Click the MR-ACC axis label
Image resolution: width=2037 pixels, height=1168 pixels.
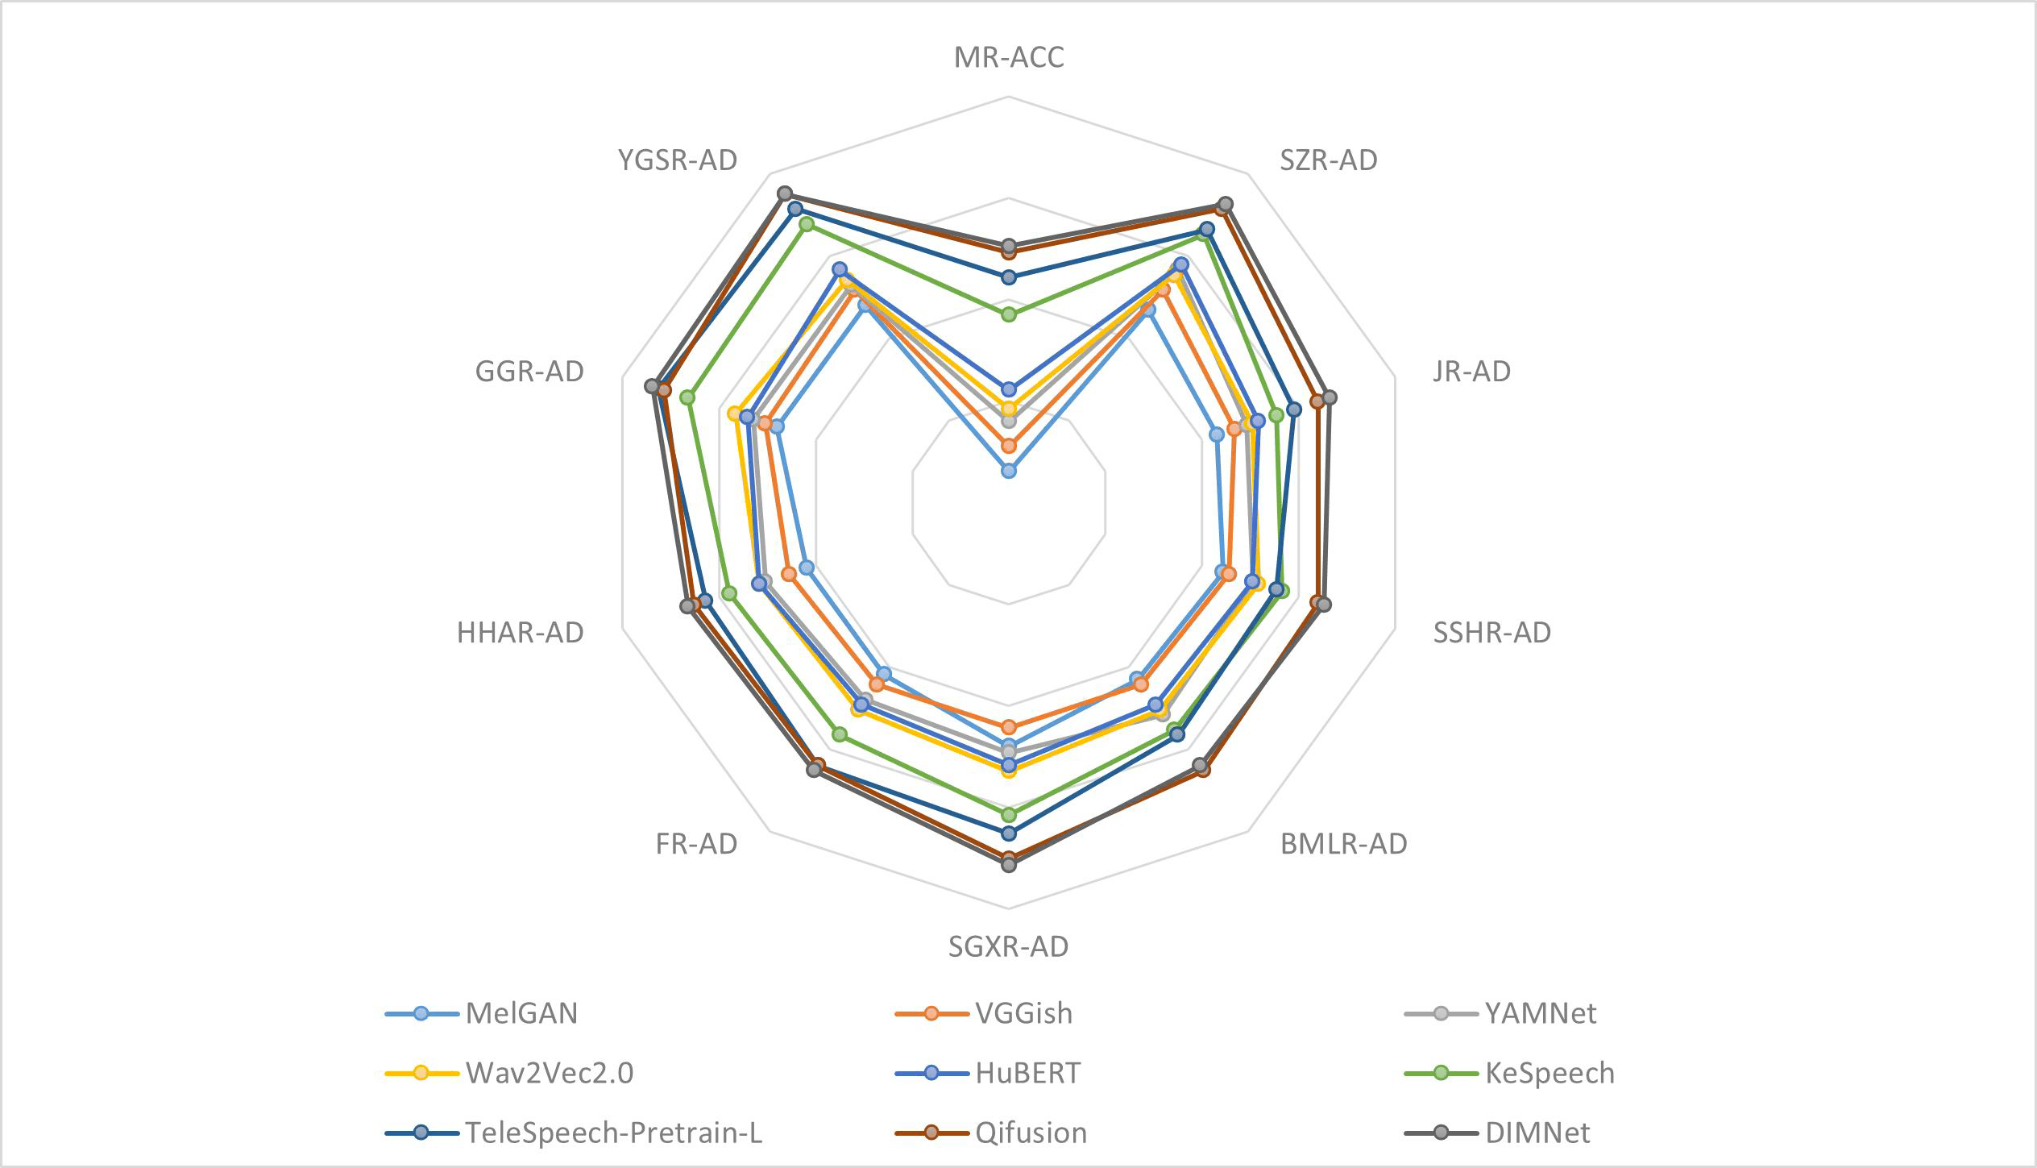click(x=1008, y=58)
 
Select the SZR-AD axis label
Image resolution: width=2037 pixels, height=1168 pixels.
click(x=1328, y=160)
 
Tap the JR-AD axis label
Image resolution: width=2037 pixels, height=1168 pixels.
click(x=1471, y=372)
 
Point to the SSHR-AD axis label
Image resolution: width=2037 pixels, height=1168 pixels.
click(x=1491, y=633)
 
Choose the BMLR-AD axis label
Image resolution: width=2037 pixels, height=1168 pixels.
click(x=1343, y=844)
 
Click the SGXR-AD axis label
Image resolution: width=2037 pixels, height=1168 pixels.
click(x=1008, y=946)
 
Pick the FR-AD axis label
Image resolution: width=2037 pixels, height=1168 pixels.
click(x=696, y=844)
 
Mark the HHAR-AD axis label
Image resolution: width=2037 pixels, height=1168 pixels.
click(x=520, y=633)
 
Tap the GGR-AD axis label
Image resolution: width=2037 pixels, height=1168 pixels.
click(x=529, y=372)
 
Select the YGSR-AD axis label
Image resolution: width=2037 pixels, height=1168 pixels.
click(x=678, y=160)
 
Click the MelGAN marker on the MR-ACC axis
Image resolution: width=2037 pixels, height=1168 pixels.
click(x=1008, y=471)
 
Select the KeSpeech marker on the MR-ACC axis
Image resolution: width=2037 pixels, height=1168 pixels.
click(x=1008, y=314)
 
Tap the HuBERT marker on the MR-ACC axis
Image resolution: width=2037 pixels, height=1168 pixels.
click(x=1008, y=390)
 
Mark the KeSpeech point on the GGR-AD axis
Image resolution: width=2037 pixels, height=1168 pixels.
click(x=687, y=397)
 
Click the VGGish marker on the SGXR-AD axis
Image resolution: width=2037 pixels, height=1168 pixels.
click(x=1008, y=727)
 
